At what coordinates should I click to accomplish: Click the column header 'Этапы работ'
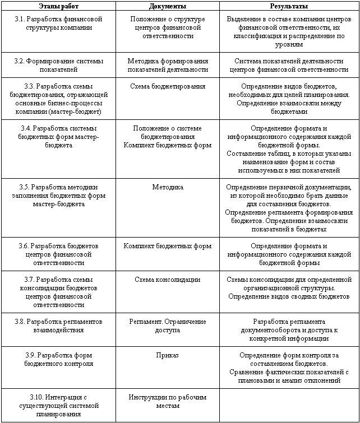pos(58,6)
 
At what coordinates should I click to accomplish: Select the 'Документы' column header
pos(168,6)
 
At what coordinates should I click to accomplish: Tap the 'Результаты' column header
pos(289,6)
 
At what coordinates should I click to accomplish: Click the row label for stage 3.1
pos(58,24)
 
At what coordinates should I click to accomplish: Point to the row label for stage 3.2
pos(58,66)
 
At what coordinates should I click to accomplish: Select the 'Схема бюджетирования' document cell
pos(168,87)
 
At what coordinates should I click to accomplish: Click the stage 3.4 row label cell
pos(58,137)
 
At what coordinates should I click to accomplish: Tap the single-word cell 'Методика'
pos(168,187)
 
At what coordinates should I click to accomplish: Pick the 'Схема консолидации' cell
pos(168,280)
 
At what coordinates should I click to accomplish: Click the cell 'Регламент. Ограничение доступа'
pos(168,326)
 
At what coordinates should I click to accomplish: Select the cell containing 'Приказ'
pos(168,355)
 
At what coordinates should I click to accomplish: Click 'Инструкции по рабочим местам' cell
pos(168,401)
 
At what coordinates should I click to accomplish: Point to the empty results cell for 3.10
pos(289,405)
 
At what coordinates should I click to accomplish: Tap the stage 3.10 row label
pos(58,405)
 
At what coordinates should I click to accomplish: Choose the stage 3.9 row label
pos(58,359)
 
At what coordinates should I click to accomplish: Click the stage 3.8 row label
pos(58,326)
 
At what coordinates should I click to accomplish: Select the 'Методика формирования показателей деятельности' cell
pos(168,66)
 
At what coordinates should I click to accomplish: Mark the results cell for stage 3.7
pos(289,288)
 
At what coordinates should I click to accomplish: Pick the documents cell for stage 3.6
pos(168,246)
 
